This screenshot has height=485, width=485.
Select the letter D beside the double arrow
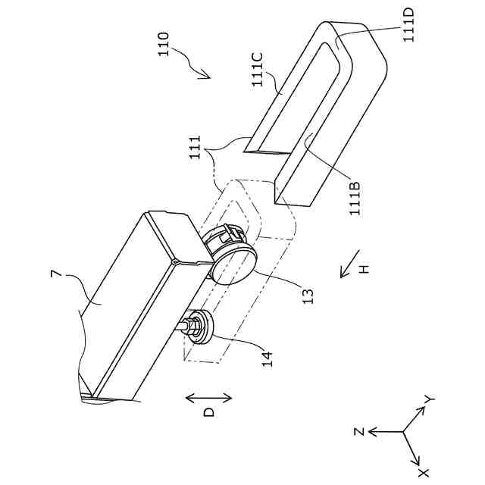(x=209, y=411)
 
